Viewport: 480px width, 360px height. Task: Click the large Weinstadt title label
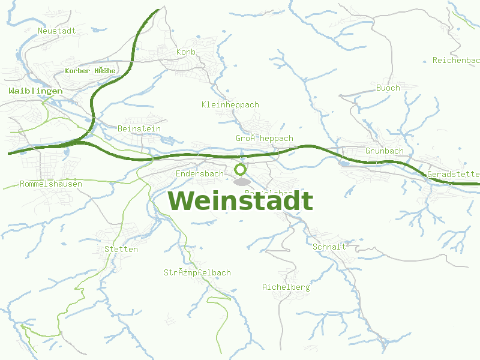(240, 201)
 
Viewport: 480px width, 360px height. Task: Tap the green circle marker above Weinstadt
(241, 169)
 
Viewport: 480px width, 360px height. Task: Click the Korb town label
(186, 52)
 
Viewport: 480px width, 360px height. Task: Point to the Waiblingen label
(35, 91)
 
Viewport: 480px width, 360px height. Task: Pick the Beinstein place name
(139, 129)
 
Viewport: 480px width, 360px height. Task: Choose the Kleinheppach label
(230, 105)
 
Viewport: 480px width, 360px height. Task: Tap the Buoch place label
(388, 88)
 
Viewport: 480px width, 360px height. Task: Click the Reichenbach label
(456, 61)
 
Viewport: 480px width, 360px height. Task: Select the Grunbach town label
(385, 151)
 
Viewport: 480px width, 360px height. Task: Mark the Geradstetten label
(453, 175)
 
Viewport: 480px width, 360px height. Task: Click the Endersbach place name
(199, 174)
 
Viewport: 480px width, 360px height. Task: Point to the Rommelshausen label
(51, 184)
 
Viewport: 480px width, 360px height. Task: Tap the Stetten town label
(121, 250)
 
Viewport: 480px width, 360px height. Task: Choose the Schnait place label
(329, 247)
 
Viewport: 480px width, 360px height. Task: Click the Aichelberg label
(286, 287)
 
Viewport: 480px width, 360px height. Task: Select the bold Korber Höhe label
(90, 71)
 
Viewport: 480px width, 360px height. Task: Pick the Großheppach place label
(265, 139)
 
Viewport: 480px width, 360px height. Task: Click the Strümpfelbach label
(197, 273)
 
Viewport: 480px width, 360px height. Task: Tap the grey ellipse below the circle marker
(241, 182)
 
